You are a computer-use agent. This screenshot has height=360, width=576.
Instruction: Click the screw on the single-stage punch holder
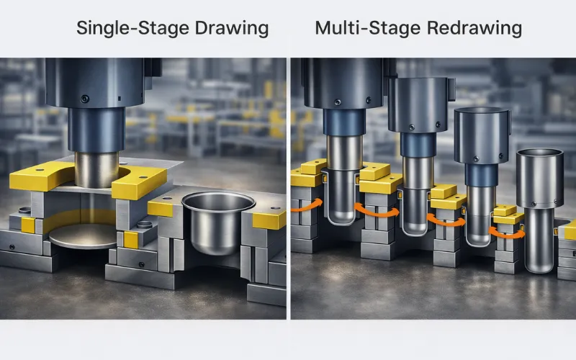pyautogui.click(x=85, y=99)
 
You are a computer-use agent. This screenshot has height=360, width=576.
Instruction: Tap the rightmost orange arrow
pyautogui.click(x=502, y=232)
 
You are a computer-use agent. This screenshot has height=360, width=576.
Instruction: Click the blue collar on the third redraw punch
pyautogui.click(x=478, y=174)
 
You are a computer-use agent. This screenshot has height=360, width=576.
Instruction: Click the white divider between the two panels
pyautogui.click(x=288, y=187)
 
